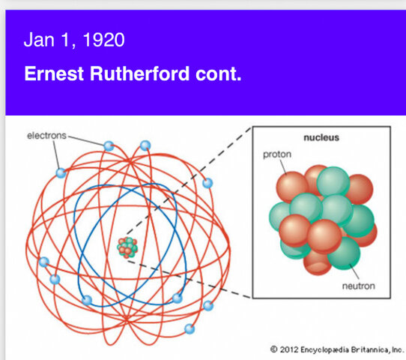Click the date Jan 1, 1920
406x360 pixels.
click(x=73, y=40)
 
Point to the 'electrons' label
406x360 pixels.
click(x=46, y=136)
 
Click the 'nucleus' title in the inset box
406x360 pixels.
click(x=321, y=137)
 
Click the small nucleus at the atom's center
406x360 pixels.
click(x=128, y=247)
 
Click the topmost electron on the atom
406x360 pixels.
click(x=109, y=145)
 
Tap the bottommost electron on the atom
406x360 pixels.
click(x=189, y=328)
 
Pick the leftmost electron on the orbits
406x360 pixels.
click(x=44, y=262)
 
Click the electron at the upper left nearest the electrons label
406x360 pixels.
click(x=61, y=172)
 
